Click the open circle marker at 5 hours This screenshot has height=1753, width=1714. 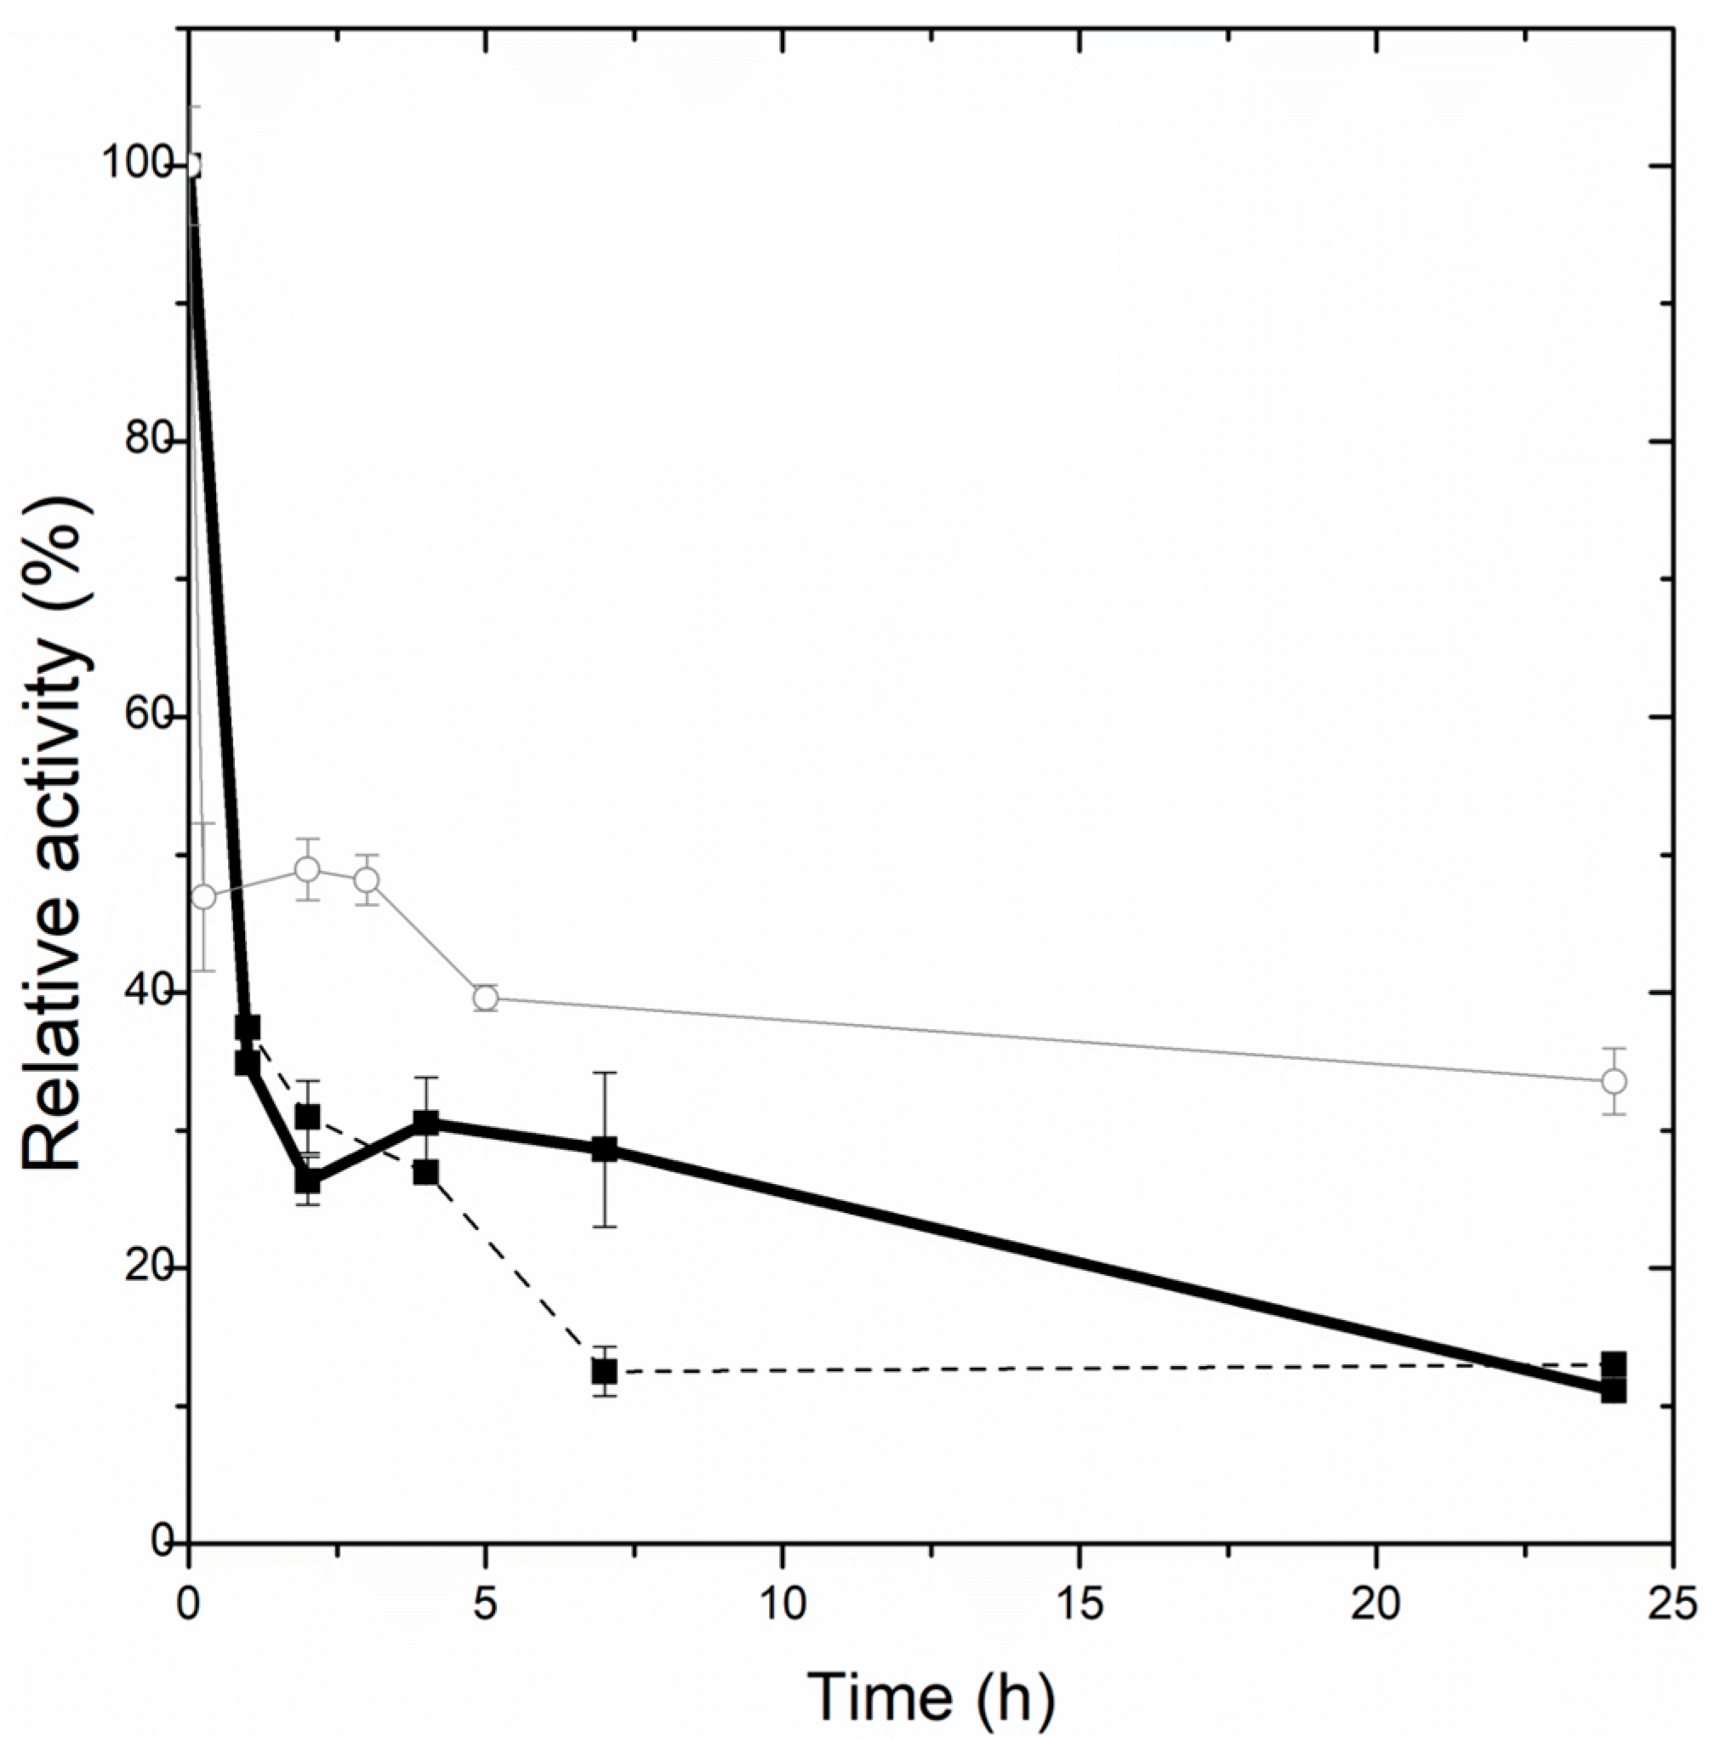click(486, 998)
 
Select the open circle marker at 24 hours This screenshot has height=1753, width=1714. click(1614, 1080)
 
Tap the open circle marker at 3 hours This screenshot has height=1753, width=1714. click(367, 879)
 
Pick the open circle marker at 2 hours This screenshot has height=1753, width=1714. click(307, 869)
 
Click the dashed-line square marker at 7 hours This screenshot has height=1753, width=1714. click(604, 1371)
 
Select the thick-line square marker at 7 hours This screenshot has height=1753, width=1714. click(604, 1149)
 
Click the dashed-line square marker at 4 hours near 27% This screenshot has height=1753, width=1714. click(426, 1172)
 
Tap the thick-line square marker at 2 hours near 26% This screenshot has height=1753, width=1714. click(307, 1181)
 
